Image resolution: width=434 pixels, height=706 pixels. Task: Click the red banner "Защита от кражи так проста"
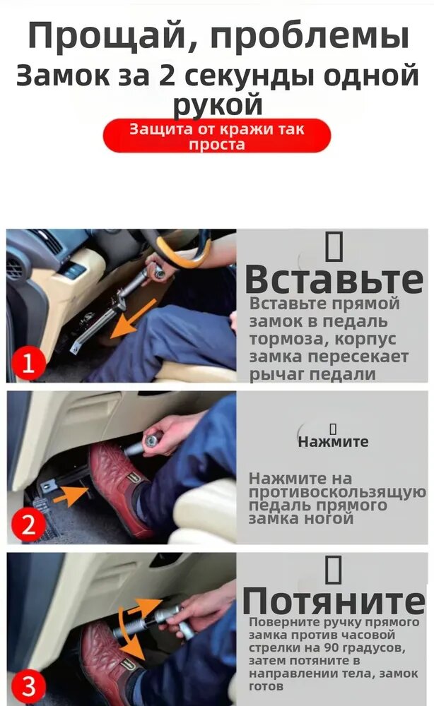pos(217,136)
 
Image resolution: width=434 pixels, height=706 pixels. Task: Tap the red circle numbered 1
pos(28,363)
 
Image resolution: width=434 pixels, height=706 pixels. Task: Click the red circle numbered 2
pos(28,525)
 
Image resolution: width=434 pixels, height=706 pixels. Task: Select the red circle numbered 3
pos(28,686)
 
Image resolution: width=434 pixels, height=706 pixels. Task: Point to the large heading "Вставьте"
pos(334,280)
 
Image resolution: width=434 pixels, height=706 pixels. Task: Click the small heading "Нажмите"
pos(333,442)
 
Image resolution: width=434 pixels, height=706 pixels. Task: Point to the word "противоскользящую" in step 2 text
pos(337,493)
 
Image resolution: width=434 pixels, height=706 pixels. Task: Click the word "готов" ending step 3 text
pos(266,687)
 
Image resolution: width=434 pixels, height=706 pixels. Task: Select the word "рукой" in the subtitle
pos(218,104)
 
